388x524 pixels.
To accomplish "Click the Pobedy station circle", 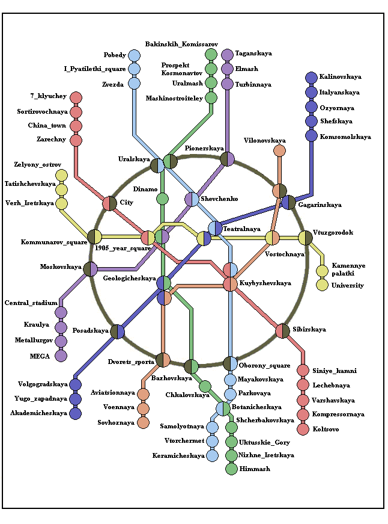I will (134, 56).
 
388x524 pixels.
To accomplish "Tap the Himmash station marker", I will (231, 469).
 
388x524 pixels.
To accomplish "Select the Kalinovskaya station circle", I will (311, 78).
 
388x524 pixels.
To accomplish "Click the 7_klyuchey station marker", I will (76, 97).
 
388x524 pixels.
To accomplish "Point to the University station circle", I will (322, 285).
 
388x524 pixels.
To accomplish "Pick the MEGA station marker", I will (61, 356).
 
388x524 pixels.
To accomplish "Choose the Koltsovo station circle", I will (303, 430).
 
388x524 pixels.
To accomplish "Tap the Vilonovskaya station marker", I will (279, 150).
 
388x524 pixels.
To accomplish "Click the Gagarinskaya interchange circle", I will (289, 203).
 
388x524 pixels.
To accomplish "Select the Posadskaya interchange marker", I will (117, 331).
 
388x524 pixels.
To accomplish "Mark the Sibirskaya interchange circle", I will (283, 330).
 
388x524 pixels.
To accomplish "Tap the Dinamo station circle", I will (162, 199).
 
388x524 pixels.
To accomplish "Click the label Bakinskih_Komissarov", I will (177, 45).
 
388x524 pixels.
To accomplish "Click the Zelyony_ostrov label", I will (38, 164).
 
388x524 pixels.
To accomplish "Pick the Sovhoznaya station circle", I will (143, 422).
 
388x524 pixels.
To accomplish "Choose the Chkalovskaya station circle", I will (205, 386).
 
